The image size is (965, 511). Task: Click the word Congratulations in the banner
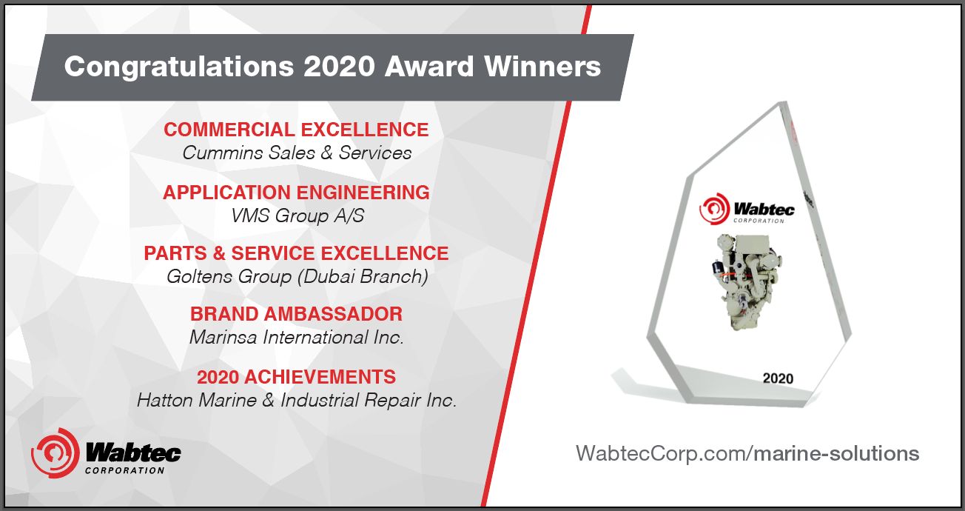179,67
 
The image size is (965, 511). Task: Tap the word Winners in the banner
542,67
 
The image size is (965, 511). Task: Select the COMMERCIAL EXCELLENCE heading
297,130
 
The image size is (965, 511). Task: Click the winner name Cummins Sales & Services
297,153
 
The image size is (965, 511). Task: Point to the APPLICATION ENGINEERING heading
297,193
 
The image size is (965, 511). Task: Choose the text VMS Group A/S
297,216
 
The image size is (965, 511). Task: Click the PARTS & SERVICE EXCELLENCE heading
297,253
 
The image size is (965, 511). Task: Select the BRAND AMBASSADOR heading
297,314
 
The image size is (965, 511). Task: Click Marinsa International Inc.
297,337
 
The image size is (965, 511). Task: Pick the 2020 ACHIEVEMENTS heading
297,377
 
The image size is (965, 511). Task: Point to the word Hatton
165,400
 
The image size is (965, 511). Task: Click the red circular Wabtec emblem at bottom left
56,452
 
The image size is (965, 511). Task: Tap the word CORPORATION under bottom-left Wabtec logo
125,470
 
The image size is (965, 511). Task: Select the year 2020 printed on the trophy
778,378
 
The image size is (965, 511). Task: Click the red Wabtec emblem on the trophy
714,209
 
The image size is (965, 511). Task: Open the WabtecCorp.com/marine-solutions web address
747,454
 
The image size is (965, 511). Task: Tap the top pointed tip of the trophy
783,102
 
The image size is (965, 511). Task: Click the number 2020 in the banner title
339,67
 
